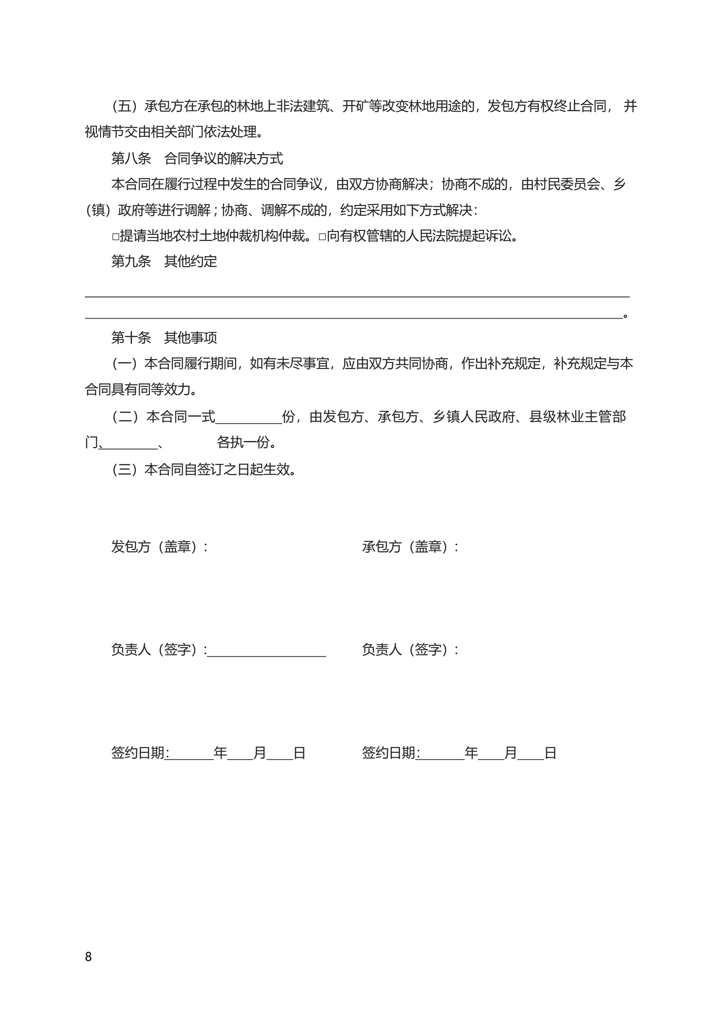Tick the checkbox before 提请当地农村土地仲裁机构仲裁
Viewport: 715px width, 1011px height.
coord(115,237)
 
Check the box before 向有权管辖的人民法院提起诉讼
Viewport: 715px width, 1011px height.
coord(322,237)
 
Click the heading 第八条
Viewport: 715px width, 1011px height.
coord(131,158)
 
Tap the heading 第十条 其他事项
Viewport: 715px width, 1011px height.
coord(164,338)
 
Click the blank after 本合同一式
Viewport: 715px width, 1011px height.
coord(249,417)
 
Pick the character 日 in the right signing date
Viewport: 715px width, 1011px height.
coord(550,753)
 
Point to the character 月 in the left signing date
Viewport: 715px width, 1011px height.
coord(260,753)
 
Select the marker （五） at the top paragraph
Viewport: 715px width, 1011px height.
coord(125,106)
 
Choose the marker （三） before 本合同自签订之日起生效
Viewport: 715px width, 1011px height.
coord(125,469)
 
